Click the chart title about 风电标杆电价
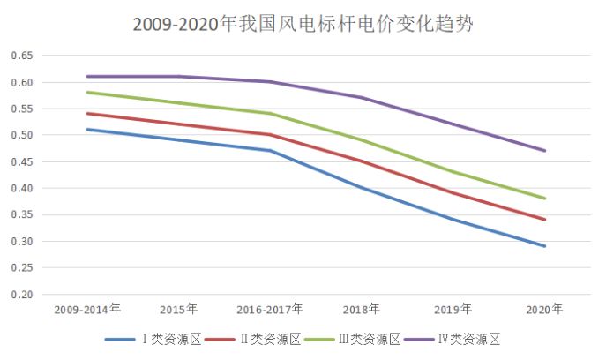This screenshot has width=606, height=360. [x=303, y=24]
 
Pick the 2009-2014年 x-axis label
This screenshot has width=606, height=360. [x=87, y=310]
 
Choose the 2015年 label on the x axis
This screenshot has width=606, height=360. [x=178, y=310]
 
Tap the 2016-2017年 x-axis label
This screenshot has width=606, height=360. [x=270, y=310]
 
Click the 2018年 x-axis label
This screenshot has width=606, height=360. [x=362, y=310]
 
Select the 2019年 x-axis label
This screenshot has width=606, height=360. [x=453, y=310]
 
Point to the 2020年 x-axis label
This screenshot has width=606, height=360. [x=544, y=310]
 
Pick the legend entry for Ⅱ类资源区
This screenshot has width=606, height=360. [x=266, y=339]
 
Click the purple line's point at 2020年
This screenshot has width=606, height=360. [x=544, y=151]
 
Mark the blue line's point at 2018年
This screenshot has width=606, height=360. [x=362, y=188]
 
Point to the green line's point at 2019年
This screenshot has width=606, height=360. [x=453, y=172]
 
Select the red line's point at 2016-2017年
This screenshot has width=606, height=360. [x=270, y=135]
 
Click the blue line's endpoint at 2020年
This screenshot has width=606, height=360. [x=544, y=246]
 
